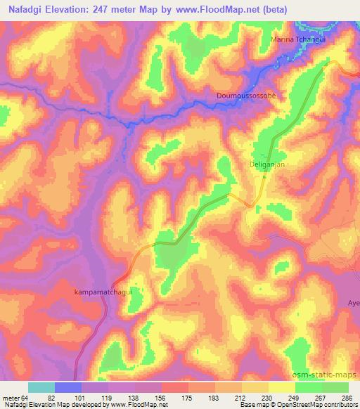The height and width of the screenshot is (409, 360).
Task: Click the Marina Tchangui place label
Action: coord(300,40)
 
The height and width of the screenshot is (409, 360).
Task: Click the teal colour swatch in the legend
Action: coord(41,387)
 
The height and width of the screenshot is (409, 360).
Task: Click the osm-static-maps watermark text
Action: coord(326,373)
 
